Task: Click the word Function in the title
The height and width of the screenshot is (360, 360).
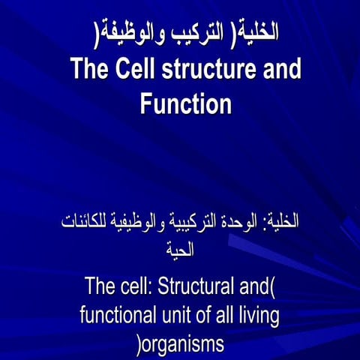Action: [x=185, y=103]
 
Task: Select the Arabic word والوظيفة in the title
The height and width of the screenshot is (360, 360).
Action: [x=123, y=34]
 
